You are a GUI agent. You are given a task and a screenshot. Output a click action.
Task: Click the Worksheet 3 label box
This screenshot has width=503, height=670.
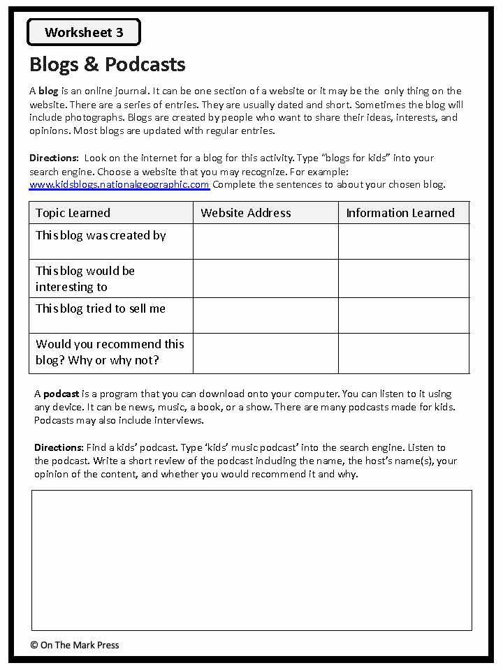(84, 32)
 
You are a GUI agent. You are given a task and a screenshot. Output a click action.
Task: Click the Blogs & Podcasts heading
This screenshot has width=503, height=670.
(108, 64)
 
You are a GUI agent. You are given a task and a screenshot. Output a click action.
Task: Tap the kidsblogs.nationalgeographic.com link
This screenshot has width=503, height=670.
(119, 185)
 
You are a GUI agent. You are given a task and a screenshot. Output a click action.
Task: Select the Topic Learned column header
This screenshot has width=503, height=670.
(73, 213)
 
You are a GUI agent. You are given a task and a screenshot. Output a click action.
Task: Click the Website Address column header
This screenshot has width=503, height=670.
(246, 213)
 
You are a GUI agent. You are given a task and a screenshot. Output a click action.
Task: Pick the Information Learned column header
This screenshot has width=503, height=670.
(400, 213)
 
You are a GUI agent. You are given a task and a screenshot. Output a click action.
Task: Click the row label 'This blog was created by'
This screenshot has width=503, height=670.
(101, 236)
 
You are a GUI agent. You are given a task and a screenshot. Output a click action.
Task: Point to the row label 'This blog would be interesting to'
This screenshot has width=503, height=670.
(85, 278)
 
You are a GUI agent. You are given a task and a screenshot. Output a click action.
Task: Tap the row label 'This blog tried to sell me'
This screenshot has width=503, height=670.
(101, 308)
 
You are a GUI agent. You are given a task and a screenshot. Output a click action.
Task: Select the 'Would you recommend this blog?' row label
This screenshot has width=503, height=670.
(110, 352)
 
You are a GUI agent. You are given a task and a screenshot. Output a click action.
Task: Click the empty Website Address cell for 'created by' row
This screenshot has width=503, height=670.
(265, 241)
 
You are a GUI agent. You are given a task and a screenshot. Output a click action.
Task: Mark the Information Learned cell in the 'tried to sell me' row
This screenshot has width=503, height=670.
(404, 315)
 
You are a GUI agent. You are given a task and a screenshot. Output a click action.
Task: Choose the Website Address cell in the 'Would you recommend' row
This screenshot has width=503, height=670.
(265, 353)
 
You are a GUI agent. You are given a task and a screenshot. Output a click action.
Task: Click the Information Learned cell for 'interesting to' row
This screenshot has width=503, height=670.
(404, 278)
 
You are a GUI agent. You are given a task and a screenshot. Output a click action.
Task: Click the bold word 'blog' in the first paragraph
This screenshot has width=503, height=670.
(48, 91)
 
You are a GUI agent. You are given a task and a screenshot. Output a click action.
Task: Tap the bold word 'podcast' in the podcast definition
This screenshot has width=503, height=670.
(61, 394)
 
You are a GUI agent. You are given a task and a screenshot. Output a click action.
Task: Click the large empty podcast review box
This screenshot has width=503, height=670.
(251, 560)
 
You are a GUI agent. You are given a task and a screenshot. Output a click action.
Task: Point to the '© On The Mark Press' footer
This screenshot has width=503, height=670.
(75, 645)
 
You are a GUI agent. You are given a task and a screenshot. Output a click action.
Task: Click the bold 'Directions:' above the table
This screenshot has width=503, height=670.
(54, 158)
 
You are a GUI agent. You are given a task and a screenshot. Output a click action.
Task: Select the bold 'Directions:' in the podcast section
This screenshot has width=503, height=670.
(59, 447)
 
